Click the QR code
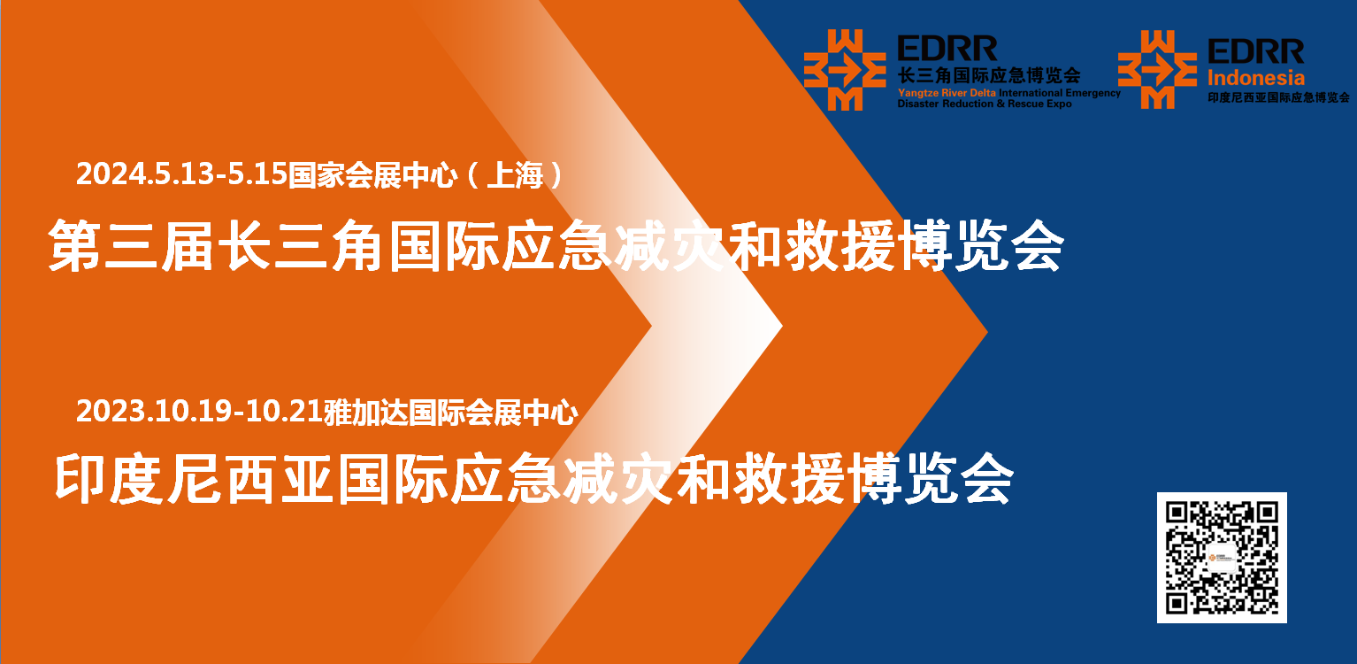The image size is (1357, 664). (1222, 557)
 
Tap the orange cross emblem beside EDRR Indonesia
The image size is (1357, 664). (1157, 70)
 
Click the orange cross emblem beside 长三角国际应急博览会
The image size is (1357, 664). (845, 70)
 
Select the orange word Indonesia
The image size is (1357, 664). (1256, 78)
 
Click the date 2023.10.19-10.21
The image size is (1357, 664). (199, 412)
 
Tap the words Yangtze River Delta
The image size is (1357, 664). (947, 93)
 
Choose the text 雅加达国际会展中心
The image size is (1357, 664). (450, 413)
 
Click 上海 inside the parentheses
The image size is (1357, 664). (515, 175)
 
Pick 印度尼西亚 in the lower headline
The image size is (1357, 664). (194, 479)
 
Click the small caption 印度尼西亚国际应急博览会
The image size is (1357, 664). (1278, 97)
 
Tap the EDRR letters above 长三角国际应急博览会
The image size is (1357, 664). (947, 49)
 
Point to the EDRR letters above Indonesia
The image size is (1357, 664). (1256, 51)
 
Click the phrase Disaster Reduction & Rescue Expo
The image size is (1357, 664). (985, 104)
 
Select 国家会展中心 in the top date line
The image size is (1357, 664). (372, 175)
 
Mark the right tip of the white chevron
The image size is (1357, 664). (782, 326)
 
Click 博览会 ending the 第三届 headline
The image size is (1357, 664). (981, 246)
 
